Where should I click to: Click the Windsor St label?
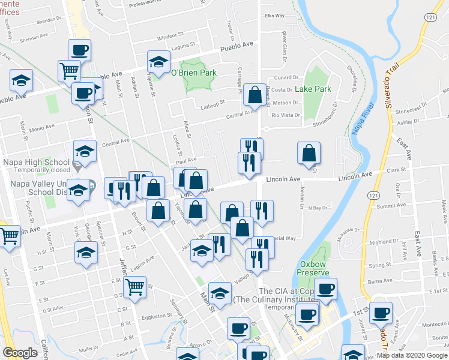point(169,36)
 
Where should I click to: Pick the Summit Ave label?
point(391,205)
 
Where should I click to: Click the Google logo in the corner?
point(20,352)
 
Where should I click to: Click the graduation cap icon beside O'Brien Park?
point(158,62)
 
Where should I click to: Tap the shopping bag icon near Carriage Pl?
point(255,94)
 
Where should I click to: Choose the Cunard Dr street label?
point(287,77)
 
